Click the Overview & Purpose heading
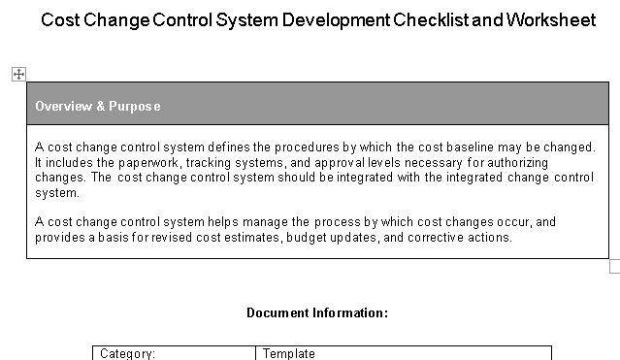(x=98, y=106)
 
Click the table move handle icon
(x=18, y=74)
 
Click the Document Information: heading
(x=317, y=312)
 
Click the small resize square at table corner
(x=614, y=266)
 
